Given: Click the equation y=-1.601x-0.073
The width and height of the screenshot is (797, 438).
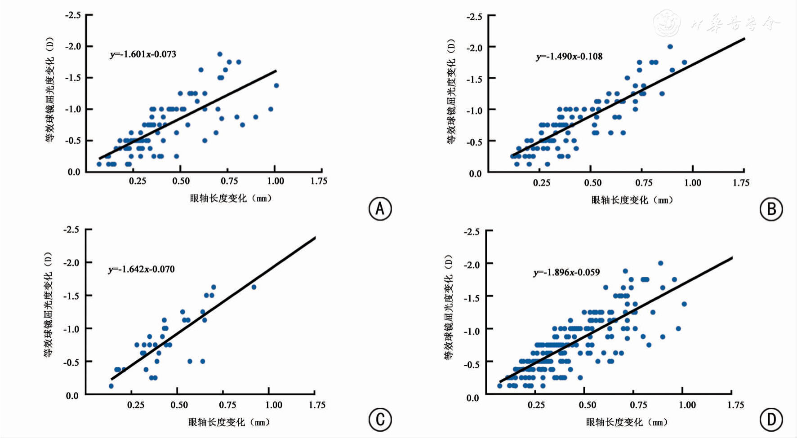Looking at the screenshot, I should click(x=143, y=54).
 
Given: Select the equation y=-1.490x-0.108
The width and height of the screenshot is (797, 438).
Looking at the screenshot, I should click(x=569, y=57).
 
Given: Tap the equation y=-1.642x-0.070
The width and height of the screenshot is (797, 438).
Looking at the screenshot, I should click(x=141, y=270).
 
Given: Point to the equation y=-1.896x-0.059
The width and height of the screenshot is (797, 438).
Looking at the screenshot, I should click(x=566, y=273).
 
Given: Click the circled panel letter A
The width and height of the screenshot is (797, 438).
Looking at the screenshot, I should click(x=380, y=209).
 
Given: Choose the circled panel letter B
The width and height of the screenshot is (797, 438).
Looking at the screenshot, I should click(x=771, y=209).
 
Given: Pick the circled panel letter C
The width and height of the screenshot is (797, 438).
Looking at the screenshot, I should click(x=380, y=420).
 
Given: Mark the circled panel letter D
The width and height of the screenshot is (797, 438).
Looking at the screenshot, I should click(x=771, y=420).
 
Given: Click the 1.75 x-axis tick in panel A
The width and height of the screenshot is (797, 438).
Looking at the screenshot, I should click(x=319, y=181).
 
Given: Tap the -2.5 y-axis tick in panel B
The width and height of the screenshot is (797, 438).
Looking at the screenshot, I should click(x=474, y=17).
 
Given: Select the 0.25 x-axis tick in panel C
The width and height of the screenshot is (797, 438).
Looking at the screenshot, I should click(x=135, y=405).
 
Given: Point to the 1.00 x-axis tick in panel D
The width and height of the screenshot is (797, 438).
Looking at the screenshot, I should click(x=687, y=405).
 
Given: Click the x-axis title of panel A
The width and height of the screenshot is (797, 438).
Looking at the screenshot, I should click(x=231, y=198).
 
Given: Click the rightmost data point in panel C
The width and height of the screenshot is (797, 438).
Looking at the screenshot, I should click(x=254, y=287).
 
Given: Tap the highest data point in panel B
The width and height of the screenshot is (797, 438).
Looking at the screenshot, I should click(x=670, y=47).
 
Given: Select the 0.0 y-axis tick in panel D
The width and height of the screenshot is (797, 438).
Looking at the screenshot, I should click(x=472, y=398).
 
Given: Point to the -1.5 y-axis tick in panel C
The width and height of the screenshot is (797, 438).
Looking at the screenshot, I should click(x=71, y=296).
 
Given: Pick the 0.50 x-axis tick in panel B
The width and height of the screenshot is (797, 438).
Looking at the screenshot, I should click(x=592, y=183).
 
